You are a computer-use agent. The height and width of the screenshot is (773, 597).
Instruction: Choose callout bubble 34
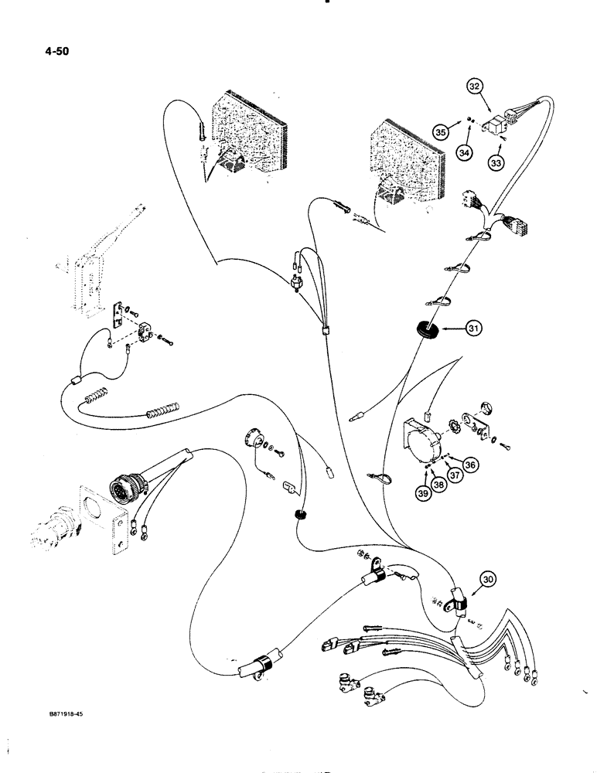pyautogui.click(x=463, y=153)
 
